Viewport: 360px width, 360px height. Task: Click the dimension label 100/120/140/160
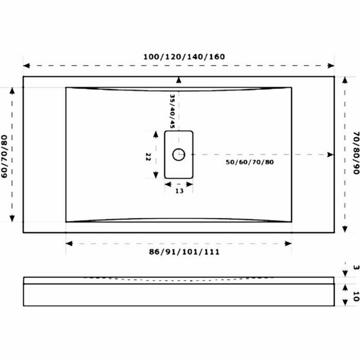coord(184,57)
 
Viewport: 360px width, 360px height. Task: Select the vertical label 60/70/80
coord(5,156)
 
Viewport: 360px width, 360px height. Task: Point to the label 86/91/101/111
coord(184,252)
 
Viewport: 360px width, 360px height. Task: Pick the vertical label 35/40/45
coord(173,111)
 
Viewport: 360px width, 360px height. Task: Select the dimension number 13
coord(179,191)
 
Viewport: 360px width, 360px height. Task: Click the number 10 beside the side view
coord(355,296)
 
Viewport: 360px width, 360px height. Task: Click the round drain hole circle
coord(178,154)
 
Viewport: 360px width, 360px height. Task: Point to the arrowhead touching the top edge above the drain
coord(178,80)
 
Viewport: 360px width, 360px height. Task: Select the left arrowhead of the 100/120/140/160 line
coord(26,66)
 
